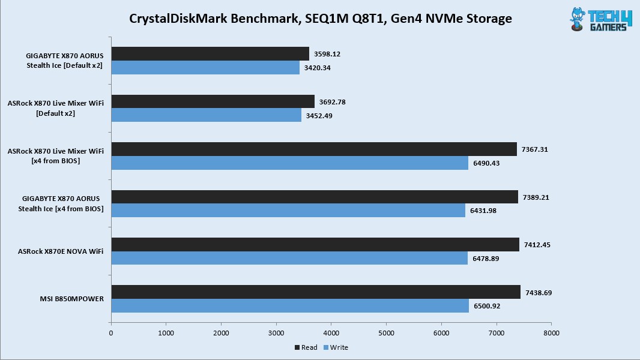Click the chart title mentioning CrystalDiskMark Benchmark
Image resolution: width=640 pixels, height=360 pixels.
(x=320, y=19)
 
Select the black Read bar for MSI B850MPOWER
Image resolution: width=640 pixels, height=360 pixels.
(x=315, y=292)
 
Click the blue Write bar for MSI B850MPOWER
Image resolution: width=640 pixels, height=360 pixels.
(x=289, y=306)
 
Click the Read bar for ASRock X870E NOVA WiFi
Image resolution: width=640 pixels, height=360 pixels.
(x=315, y=244)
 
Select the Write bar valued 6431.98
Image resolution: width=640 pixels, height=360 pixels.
(x=288, y=211)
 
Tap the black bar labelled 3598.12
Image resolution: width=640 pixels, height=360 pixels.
(x=210, y=54)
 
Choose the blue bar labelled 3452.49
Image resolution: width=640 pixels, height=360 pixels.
(x=206, y=115)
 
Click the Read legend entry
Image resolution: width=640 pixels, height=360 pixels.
(x=306, y=347)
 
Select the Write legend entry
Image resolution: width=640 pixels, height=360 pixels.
(x=336, y=347)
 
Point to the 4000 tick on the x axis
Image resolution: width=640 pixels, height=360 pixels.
(x=331, y=332)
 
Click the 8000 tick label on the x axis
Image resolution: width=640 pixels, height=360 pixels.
(x=551, y=332)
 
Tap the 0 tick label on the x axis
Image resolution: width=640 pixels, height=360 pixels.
(x=111, y=332)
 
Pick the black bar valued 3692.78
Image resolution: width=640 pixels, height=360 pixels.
(x=213, y=101)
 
